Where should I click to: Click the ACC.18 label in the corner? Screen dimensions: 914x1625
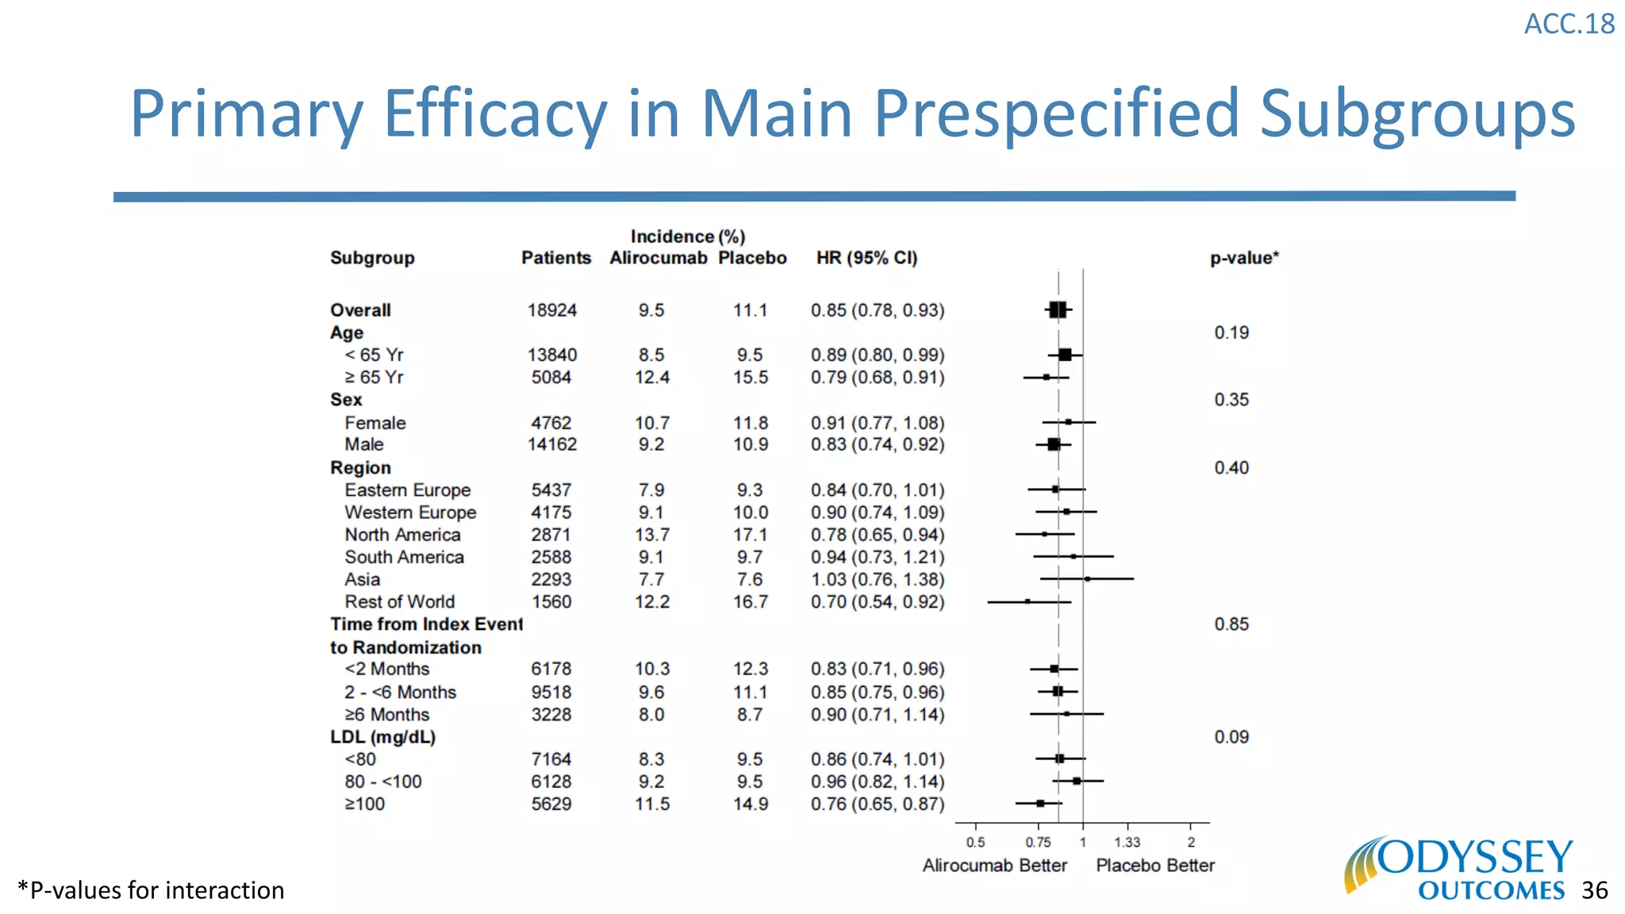(x=1569, y=24)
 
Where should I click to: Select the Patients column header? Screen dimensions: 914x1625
(x=555, y=258)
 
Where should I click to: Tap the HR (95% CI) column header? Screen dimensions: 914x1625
(x=866, y=258)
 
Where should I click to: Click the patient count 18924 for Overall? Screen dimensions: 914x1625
(x=551, y=310)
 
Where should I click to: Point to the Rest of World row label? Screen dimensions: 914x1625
(x=399, y=601)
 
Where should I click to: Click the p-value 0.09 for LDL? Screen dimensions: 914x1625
(x=1231, y=737)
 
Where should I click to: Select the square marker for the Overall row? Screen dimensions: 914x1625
(x=1058, y=310)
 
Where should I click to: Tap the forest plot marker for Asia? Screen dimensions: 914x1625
(x=1087, y=579)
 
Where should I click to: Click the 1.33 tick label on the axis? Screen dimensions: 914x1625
(x=1127, y=843)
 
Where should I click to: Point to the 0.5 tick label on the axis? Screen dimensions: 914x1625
(x=975, y=843)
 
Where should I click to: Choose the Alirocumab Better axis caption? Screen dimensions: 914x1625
(x=994, y=866)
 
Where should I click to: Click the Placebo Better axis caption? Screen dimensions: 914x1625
(x=1154, y=866)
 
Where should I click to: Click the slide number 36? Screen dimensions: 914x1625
(x=1594, y=890)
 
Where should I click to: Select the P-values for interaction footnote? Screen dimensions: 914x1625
(x=151, y=890)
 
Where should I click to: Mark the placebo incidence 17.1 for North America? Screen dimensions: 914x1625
(x=750, y=535)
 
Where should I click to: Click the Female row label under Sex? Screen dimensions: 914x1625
(x=375, y=423)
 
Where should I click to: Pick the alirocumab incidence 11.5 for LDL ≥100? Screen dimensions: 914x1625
(x=651, y=804)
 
